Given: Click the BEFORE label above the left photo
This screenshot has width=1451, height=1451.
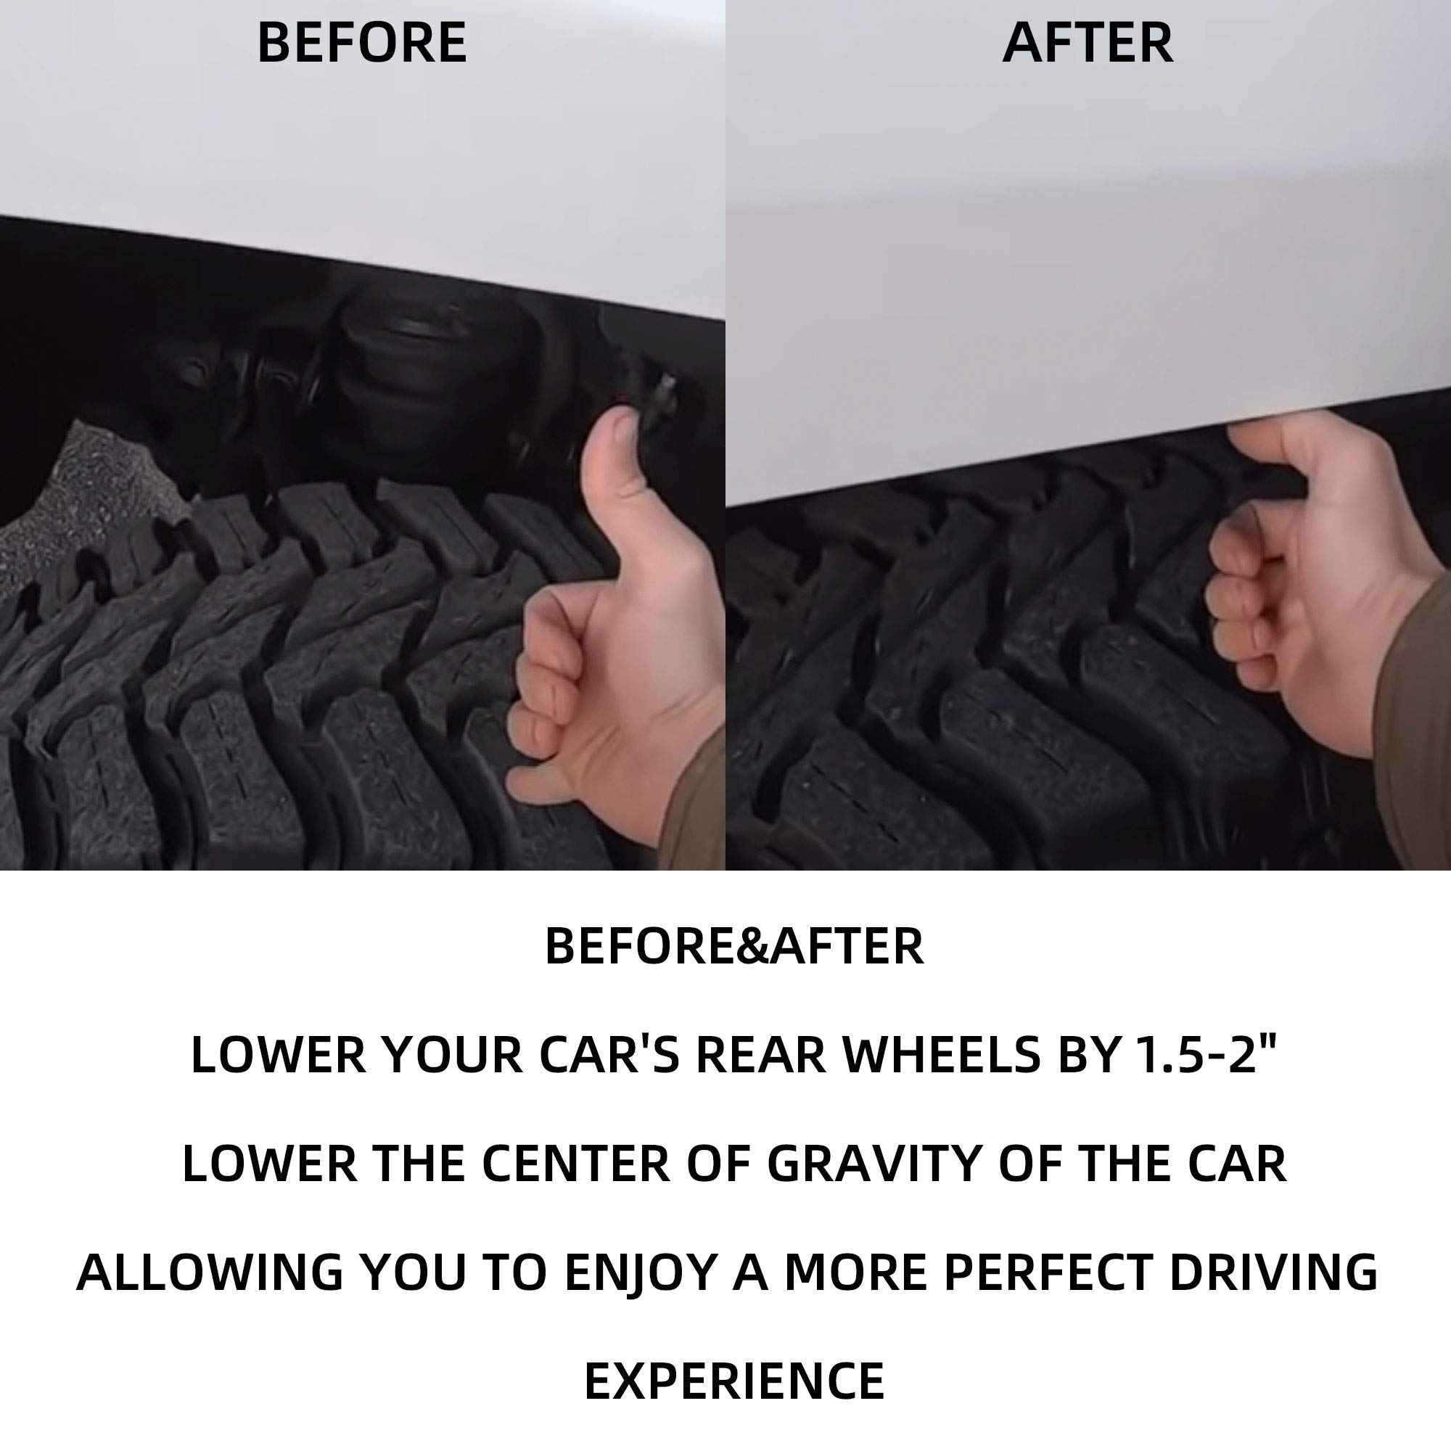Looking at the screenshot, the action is tap(362, 42).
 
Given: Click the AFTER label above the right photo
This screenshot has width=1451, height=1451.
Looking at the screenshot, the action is tap(1088, 42).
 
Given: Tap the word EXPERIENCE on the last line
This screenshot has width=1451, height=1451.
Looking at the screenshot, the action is tap(733, 1381).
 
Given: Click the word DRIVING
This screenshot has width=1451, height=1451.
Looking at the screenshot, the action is tap(1273, 1273).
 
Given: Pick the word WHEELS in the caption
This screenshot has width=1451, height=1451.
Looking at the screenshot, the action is tap(942, 1054).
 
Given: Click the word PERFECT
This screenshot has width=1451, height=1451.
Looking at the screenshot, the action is tap(1047, 1273).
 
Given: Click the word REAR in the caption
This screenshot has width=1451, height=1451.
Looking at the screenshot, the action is tap(760, 1054).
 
